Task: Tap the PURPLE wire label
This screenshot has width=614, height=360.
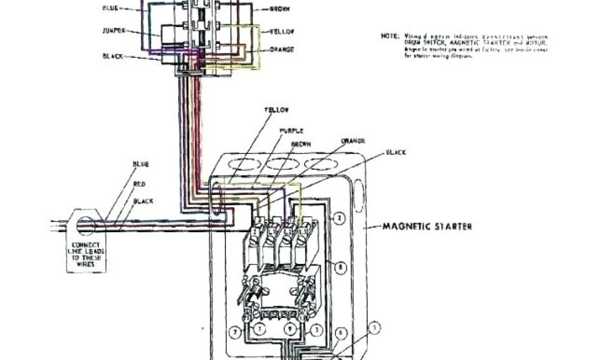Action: click(x=291, y=130)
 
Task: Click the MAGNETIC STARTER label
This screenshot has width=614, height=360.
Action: click(x=427, y=227)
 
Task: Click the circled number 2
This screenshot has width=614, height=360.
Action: click(x=339, y=218)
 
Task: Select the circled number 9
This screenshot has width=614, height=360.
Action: click(x=290, y=329)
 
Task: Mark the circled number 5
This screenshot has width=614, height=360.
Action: click(x=375, y=328)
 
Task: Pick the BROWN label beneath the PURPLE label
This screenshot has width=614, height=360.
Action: click(x=300, y=145)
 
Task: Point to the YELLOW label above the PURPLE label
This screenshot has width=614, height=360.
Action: click(x=276, y=110)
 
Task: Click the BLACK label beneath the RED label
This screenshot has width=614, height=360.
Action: click(x=143, y=201)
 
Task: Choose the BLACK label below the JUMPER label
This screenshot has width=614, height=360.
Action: click(x=113, y=56)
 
